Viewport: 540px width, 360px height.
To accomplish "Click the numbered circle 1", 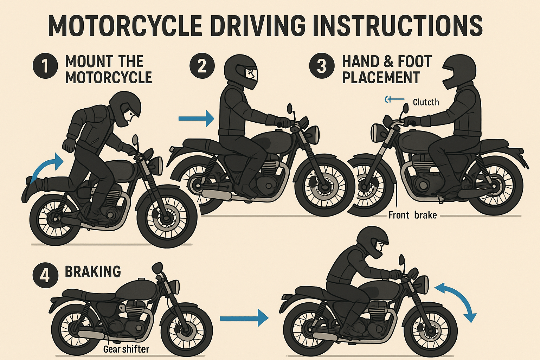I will pos(45,66).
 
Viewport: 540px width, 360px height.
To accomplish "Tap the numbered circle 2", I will pos(202,66).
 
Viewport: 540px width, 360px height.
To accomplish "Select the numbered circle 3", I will pos(321,66).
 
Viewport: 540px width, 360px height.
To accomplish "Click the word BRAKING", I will pos(93,272).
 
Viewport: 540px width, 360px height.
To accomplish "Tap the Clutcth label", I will pos(426,102).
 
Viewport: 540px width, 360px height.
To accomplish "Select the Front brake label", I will pos(412,215).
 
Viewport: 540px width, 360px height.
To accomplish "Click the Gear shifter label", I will pos(126,349).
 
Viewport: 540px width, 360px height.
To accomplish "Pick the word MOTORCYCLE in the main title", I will pos(125,26).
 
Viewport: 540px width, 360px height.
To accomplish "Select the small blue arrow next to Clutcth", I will pos(394,100).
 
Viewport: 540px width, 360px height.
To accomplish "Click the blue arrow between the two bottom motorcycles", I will pos(244,318).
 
